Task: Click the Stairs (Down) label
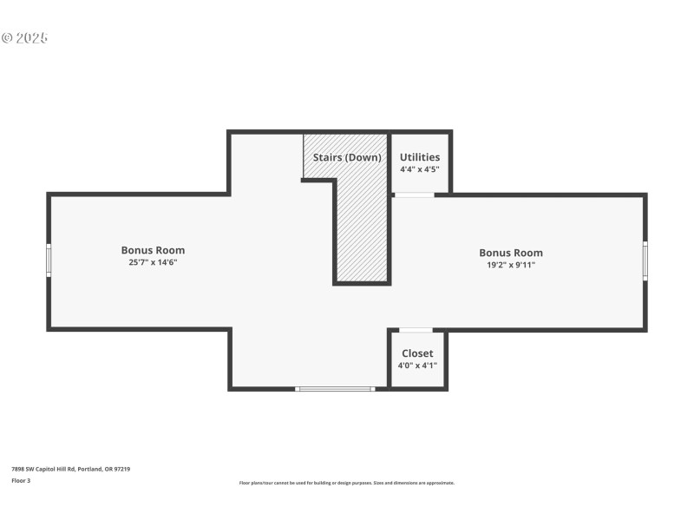click(x=347, y=157)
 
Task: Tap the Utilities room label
click(x=420, y=157)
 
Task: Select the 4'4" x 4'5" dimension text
click(x=420, y=169)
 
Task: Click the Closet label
click(x=417, y=353)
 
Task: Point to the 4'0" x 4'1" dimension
click(x=417, y=366)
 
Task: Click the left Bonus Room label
click(x=153, y=250)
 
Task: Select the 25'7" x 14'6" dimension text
click(x=153, y=262)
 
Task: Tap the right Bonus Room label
click(x=511, y=253)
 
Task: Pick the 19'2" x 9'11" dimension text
click(x=511, y=265)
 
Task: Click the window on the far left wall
click(x=49, y=260)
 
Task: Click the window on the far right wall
click(x=645, y=260)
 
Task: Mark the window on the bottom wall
click(x=336, y=388)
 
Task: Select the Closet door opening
click(x=416, y=330)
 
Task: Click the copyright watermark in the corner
click(x=24, y=38)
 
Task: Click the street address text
click(x=70, y=469)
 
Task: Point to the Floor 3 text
click(x=21, y=480)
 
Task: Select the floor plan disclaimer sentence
click(x=346, y=483)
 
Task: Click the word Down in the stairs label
click(x=365, y=157)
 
